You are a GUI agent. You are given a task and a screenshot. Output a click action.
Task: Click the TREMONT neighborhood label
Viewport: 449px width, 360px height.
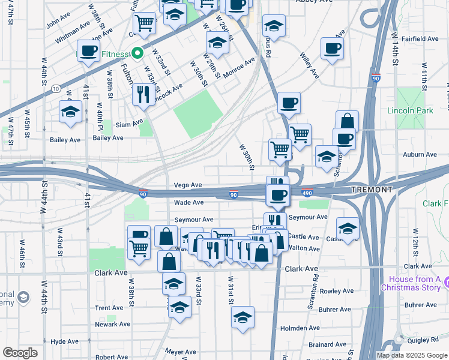pos(372,190)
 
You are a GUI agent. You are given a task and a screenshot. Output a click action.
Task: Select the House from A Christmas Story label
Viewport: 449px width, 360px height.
pos(414,283)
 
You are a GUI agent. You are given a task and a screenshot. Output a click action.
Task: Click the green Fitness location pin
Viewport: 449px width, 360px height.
pos(137,54)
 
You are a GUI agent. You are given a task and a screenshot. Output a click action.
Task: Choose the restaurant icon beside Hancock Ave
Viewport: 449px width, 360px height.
pos(143,94)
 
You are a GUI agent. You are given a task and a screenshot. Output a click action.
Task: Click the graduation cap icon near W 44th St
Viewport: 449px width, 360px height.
pos(70,112)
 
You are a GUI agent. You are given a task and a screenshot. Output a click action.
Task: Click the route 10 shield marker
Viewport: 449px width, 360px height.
pos(56,88)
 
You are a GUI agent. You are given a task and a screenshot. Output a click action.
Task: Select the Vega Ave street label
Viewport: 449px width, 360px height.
pos(188,185)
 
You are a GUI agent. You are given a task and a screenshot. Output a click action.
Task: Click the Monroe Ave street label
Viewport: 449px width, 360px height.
pos(239,68)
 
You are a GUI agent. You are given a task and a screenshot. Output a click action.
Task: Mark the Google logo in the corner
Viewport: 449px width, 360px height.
pos(20,353)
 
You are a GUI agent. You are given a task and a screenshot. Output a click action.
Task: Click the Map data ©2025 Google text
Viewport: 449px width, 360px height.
pos(412,355)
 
